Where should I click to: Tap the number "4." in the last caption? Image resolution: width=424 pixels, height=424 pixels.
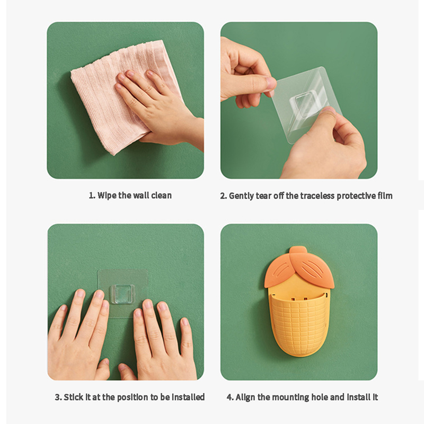[230, 397]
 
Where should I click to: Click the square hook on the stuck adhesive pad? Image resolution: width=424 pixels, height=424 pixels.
[123, 294]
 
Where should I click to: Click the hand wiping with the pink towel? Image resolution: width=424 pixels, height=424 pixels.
[160, 108]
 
